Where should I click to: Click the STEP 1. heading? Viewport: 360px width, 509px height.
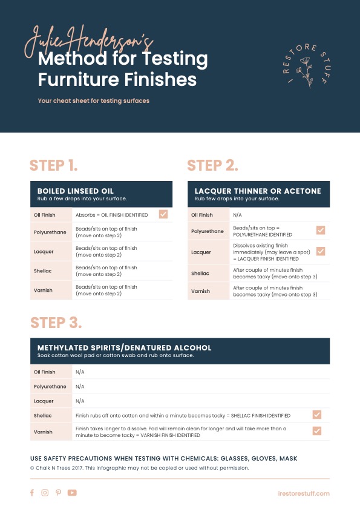click(54, 165)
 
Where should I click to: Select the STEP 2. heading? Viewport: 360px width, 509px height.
click(212, 165)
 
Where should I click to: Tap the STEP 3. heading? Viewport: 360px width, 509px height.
click(56, 322)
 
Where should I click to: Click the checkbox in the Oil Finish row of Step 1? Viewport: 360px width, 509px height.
click(163, 214)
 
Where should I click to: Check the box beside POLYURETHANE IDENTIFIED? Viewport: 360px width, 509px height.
click(321, 230)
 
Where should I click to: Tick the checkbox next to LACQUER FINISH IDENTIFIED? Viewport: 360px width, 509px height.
click(321, 251)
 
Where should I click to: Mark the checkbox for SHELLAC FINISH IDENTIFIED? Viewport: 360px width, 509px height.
click(316, 415)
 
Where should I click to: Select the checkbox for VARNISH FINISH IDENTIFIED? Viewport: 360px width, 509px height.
click(316, 430)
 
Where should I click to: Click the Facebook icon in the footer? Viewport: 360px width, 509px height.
click(32, 493)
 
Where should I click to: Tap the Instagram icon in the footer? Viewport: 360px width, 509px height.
click(45, 493)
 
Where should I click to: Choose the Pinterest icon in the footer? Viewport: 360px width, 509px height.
click(58, 493)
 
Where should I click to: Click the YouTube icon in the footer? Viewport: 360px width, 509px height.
click(72, 493)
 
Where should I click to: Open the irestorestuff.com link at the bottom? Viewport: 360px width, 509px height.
click(306, 493)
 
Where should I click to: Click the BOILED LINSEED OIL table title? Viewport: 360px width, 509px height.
click(76, 191)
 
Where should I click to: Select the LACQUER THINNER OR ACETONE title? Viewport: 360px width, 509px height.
click(258, 191)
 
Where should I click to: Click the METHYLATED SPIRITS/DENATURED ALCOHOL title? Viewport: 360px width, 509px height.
click(125, 348)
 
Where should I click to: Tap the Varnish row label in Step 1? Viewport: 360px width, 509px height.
click(43, 291)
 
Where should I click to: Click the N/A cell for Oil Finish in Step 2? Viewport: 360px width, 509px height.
click(237, 215)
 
